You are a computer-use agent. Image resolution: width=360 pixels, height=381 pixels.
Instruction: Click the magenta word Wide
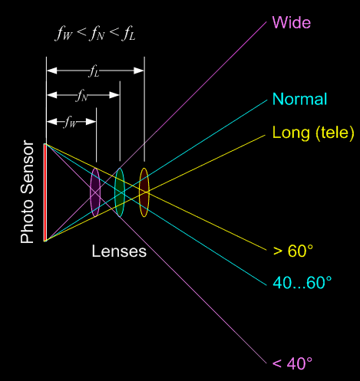[292, 22]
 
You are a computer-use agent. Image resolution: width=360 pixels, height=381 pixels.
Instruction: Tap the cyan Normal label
[299, 99]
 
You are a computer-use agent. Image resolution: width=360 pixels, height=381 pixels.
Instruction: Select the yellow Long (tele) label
[313, 133]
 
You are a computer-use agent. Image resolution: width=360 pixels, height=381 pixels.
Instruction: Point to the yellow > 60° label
[293, 251]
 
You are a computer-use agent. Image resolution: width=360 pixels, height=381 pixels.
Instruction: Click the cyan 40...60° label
[302, 282]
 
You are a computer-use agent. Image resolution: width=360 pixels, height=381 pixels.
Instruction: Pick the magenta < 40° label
[292, 363]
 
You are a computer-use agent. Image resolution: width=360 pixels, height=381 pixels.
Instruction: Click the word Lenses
[119, 251]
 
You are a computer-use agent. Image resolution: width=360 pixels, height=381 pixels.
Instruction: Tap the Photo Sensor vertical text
[27, 192]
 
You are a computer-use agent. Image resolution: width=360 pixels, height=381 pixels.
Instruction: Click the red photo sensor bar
[45, 192]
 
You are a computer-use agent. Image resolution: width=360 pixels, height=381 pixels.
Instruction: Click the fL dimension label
[94, 71]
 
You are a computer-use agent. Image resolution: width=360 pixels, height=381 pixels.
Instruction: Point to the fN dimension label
[81, 96]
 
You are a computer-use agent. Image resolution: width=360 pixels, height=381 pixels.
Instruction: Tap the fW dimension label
[71, 122]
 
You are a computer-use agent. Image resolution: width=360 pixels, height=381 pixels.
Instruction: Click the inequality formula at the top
[95, 34]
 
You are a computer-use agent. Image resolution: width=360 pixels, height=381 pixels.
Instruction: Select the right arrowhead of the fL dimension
[139, 71]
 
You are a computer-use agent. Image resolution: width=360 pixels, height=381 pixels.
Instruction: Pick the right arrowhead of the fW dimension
[91, 122]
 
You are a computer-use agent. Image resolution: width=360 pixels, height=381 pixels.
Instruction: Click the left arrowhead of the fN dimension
[52, 95]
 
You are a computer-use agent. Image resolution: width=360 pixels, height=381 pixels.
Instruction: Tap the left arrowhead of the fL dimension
[52, 71]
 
